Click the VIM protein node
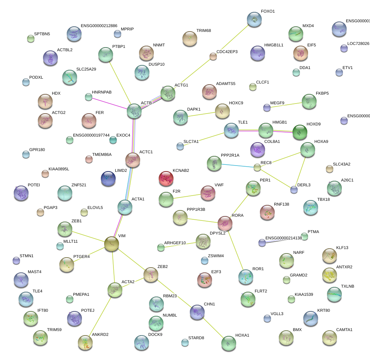[111, 244]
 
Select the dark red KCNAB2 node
[166, 179]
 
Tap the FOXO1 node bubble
[254, 19]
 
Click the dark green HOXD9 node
[300, 132]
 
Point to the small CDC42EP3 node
[213, 56]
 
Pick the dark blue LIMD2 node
[108, 178]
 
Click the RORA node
[225, 223]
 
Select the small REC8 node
[257, 167]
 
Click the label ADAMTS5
[225, 84]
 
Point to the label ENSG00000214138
[284, 238]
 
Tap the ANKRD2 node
[85, 342]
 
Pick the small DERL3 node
[294, 190]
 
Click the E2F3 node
[204, 280]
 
